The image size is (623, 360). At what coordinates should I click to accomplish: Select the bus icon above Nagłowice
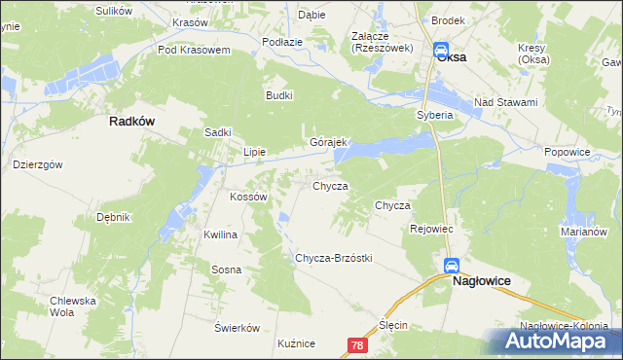452,266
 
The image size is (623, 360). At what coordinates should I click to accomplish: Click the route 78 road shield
358,344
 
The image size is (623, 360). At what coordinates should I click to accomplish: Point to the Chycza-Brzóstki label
333,258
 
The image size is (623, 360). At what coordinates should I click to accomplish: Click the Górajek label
329,141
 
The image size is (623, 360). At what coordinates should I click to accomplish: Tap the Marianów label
584,233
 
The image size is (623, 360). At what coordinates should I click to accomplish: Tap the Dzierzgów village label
38,164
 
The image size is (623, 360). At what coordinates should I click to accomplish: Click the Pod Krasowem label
193,50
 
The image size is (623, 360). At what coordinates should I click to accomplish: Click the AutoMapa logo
560,342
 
